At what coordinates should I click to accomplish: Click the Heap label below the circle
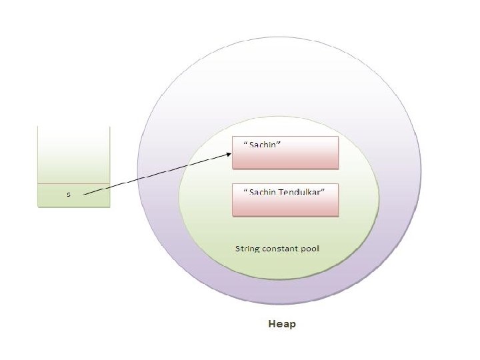click(281, 325)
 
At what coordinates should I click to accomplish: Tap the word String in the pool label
click(247, 249)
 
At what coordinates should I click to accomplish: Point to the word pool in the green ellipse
click(311, 249)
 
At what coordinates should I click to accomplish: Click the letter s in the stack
click(68, 195)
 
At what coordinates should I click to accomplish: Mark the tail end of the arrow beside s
click(85, 194)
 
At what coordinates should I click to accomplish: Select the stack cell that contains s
click(73, 195)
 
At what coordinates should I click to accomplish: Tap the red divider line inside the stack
click(73, 183)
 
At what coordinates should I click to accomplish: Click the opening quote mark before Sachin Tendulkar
click(245, 190)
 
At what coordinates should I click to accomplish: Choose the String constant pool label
click(277, 249)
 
